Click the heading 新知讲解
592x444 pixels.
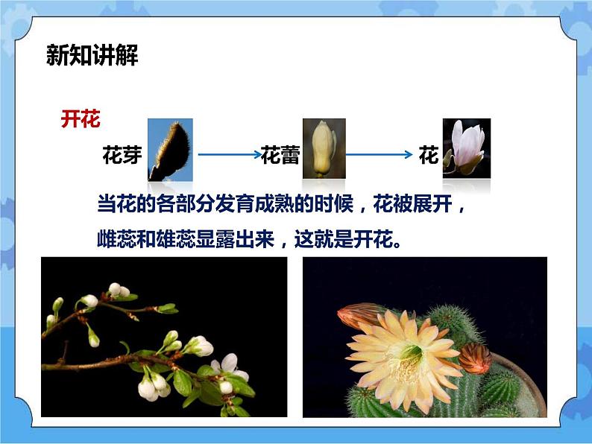coord(92,56)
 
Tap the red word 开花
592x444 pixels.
coord(81,119)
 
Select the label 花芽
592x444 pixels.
coord(122,156)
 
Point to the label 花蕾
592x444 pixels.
coord(280,156)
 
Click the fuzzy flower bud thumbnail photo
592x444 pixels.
coord(170,150)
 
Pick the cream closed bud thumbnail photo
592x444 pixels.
coord(323,148)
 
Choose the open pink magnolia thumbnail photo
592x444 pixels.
coord(466,148)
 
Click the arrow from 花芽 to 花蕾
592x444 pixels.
coord(227,156)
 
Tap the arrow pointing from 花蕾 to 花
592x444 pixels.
coord(379,156)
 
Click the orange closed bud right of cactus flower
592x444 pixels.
coord(475,358)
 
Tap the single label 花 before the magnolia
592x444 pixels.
coord(429,156)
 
